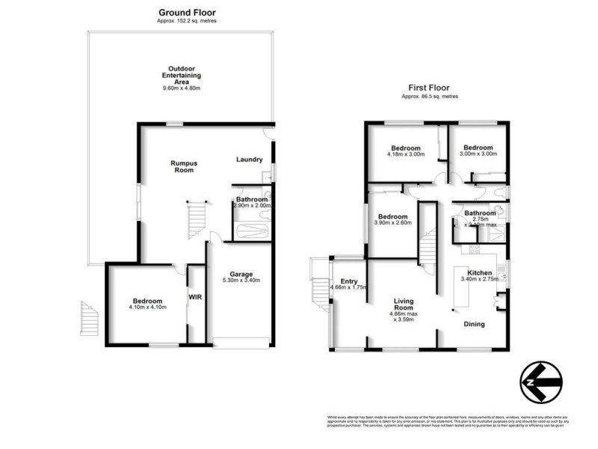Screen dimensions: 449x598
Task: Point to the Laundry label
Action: coord(248,159)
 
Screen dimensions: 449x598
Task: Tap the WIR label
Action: coord(196,296)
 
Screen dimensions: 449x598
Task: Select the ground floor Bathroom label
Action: coord(252,200)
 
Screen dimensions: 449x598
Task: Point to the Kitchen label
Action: coord(479,272)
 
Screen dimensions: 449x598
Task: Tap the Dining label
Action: coord(474,324)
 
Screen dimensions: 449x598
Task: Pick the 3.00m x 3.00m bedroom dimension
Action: coord(478,154)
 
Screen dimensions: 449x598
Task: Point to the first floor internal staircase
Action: coord(427,243)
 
